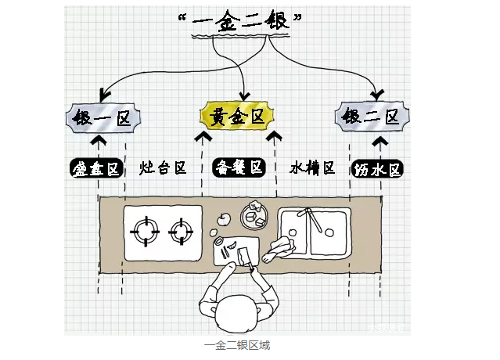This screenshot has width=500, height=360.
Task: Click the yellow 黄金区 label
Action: (237, 117)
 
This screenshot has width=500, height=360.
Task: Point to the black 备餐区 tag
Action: (239, 168)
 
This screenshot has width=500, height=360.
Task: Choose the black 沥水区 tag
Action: (378, 168)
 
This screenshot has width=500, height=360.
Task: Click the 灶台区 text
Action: (163, 168)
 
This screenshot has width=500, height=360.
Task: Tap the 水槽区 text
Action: (312, 167)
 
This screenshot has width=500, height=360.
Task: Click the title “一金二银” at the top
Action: (238, 23)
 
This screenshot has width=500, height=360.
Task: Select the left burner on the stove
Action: (146, 231)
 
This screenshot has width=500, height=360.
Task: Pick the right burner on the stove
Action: (182, 231)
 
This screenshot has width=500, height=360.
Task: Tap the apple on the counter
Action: (223, 218)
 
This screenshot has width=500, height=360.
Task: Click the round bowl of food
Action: (255, 213)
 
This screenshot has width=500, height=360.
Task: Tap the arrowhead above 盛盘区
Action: (98, 142)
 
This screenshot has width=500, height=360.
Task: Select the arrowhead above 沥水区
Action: (380, 142)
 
